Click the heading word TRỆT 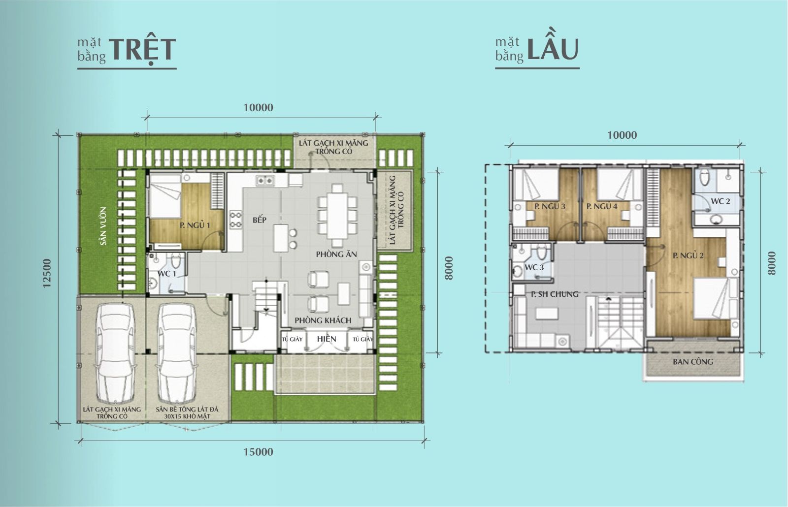tap(142, 50)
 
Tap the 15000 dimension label tap(258, 452)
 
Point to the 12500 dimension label tap(47, 273)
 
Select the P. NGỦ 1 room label tap(195, 225)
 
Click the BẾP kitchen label tap(260, 220)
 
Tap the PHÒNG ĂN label tap(336, 254)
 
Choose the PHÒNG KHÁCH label tap(323, 320)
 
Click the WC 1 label tap(166, 274)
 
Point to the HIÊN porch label tap(327, 339)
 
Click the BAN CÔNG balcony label tap(693, 362)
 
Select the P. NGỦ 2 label tap(688, 255)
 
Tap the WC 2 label tap(721, 201)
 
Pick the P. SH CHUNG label tap(555, 294)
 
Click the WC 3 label tap(534, 268)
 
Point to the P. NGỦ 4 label tap(602, 206)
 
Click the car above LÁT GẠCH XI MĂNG tap(115, 353)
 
